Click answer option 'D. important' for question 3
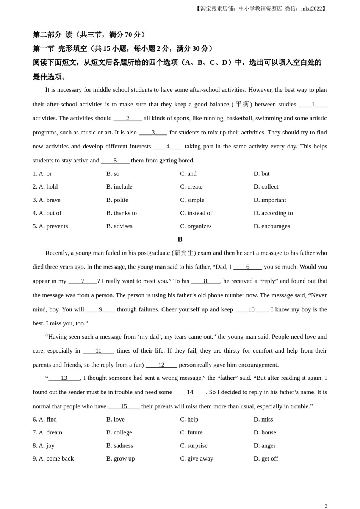269,200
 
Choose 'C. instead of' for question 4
196,213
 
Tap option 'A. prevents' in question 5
50,226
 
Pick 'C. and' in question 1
188,174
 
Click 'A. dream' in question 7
47,432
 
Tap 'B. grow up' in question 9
120,459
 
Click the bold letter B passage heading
180,239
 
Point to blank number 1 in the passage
313,105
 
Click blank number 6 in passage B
248,267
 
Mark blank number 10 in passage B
251,310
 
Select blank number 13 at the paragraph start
64,378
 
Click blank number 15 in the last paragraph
124,406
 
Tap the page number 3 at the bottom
326,506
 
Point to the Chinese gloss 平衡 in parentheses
242,104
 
